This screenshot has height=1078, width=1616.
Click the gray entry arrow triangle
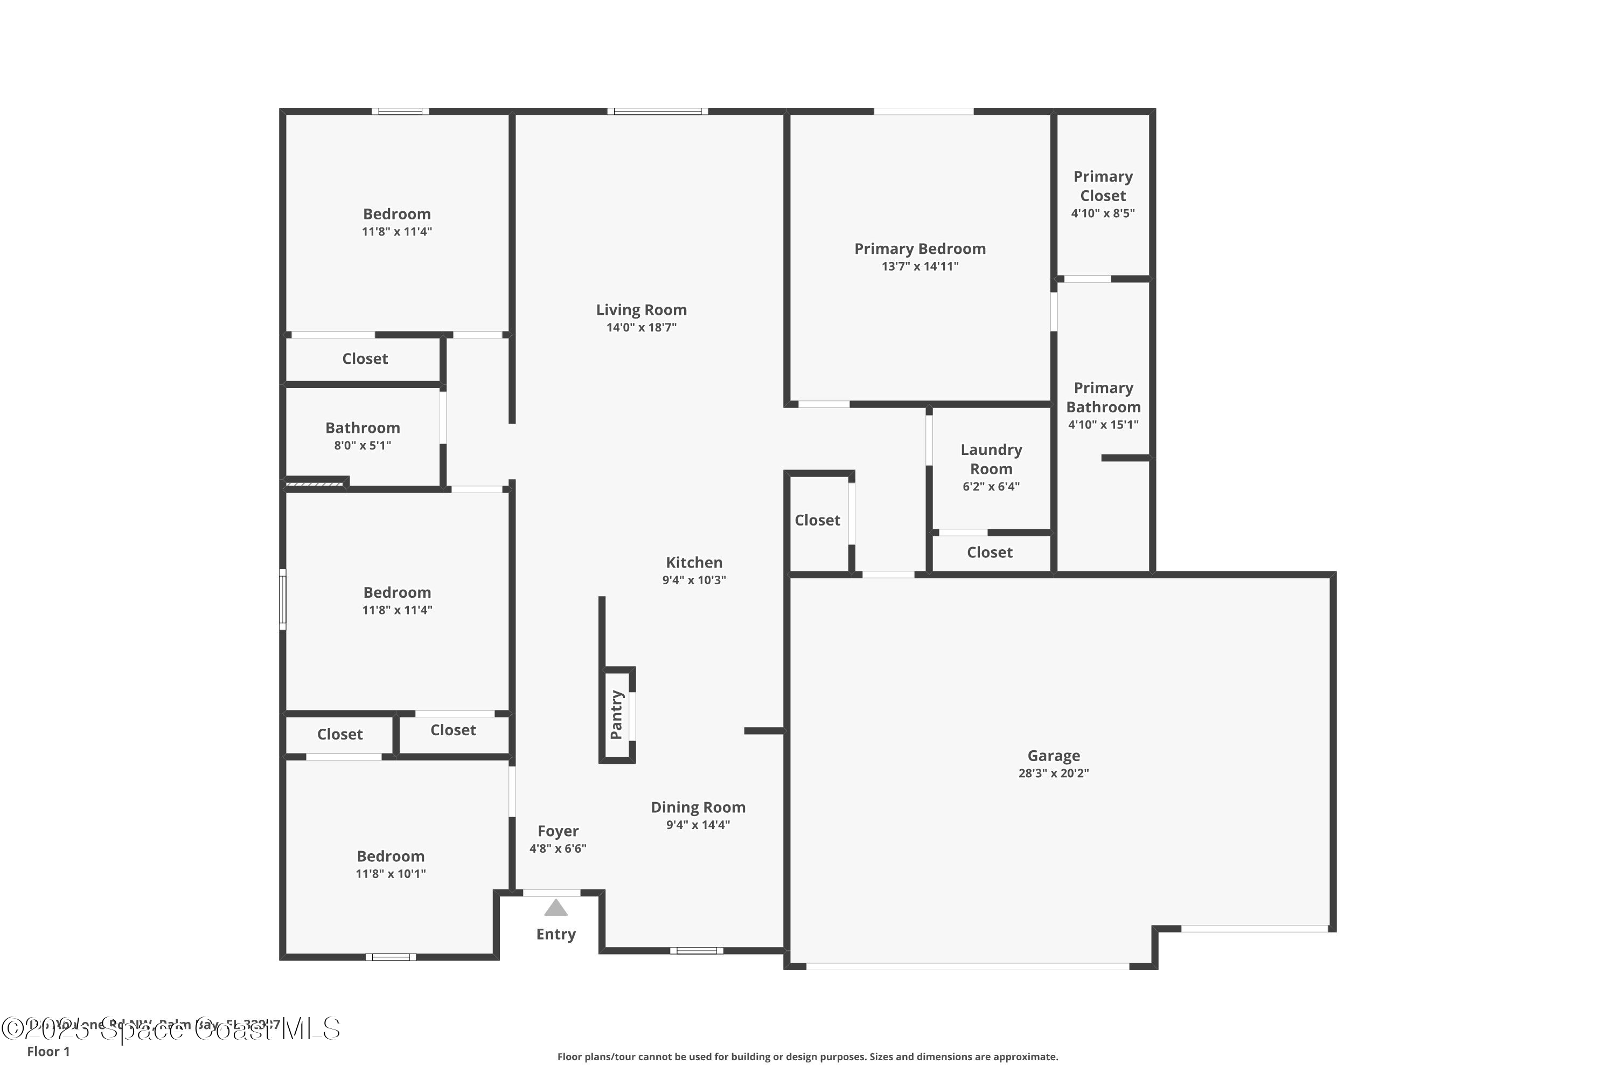pos(556,908)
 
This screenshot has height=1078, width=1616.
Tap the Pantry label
pos(616,715)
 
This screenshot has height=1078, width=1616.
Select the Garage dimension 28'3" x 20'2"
pos(1053,773)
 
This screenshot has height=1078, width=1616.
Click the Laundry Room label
pos(991,459)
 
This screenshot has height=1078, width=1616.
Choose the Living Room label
pos(641,310)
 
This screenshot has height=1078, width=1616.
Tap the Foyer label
pos(558,831)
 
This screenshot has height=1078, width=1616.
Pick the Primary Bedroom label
pos(920,249)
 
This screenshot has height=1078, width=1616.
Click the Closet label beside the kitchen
pos(817,521)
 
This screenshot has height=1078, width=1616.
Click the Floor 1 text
pos(48,1051)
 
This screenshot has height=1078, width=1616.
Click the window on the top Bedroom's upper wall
pos(401,112)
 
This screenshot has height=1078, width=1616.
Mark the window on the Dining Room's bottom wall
pos(696,951)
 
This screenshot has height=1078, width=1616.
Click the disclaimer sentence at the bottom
pos(807,1056)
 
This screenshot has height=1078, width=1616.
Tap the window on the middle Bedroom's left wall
pos(282,599)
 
